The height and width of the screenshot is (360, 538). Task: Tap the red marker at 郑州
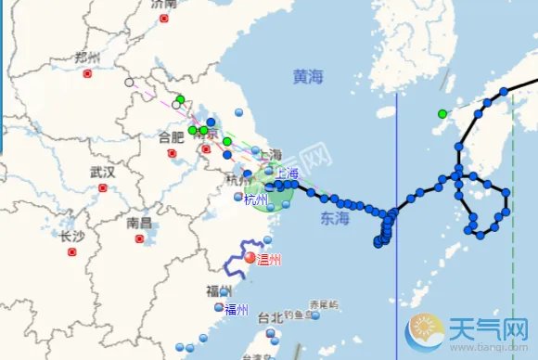coord(87,73)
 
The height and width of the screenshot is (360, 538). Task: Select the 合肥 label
coord(171,137)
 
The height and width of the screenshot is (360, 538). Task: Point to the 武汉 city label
coord(102,172)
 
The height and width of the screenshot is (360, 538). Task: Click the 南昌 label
coord(139,223)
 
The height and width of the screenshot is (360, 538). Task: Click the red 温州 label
coord(268,259)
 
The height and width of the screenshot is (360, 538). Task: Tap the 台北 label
coord(269,317)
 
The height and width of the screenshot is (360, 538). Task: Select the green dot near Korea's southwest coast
coord(442,114)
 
